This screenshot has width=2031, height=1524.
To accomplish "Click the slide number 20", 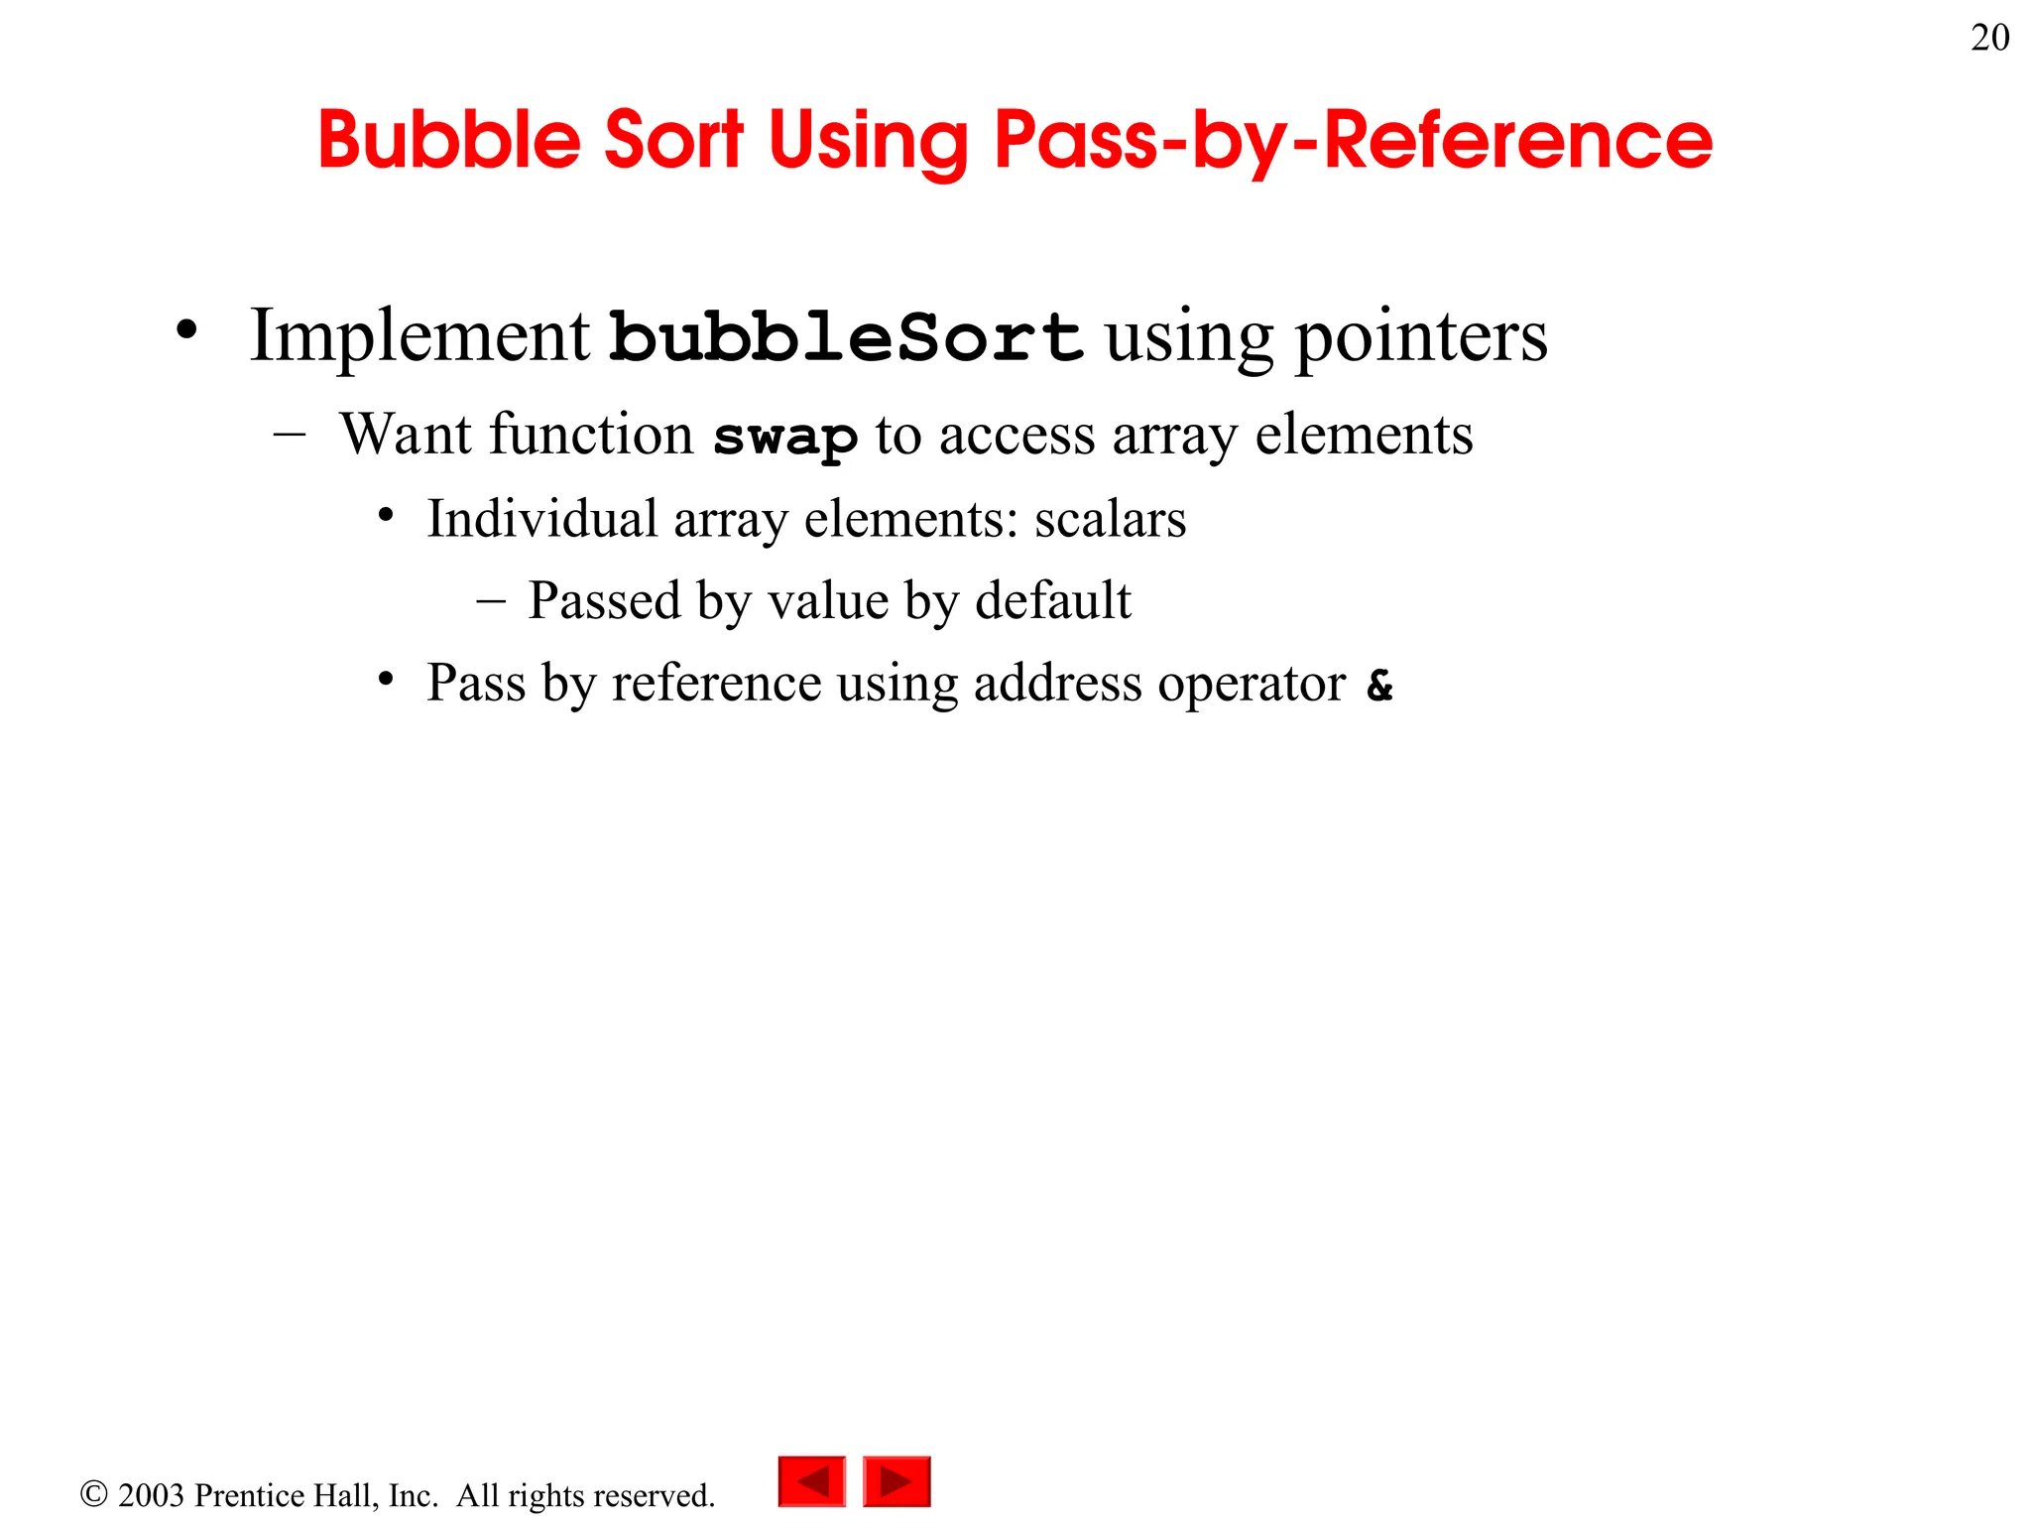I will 1989,39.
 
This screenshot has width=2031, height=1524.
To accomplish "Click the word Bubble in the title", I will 448,140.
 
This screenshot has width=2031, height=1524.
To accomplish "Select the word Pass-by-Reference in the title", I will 1353,140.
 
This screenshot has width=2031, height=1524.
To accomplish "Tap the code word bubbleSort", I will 846,336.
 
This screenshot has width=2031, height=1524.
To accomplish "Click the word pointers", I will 1422,338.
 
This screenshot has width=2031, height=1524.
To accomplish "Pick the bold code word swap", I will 785,438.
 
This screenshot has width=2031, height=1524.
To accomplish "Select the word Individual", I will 542,519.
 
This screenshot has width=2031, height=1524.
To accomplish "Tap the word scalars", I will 1110,520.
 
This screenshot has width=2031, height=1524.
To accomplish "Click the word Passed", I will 604,601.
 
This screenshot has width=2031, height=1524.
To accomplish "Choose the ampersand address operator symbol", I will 1379,685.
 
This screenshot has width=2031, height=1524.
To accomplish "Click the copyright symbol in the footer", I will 94,1494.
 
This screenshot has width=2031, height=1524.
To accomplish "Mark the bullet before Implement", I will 186,331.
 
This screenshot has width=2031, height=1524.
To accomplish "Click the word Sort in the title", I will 673,140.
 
